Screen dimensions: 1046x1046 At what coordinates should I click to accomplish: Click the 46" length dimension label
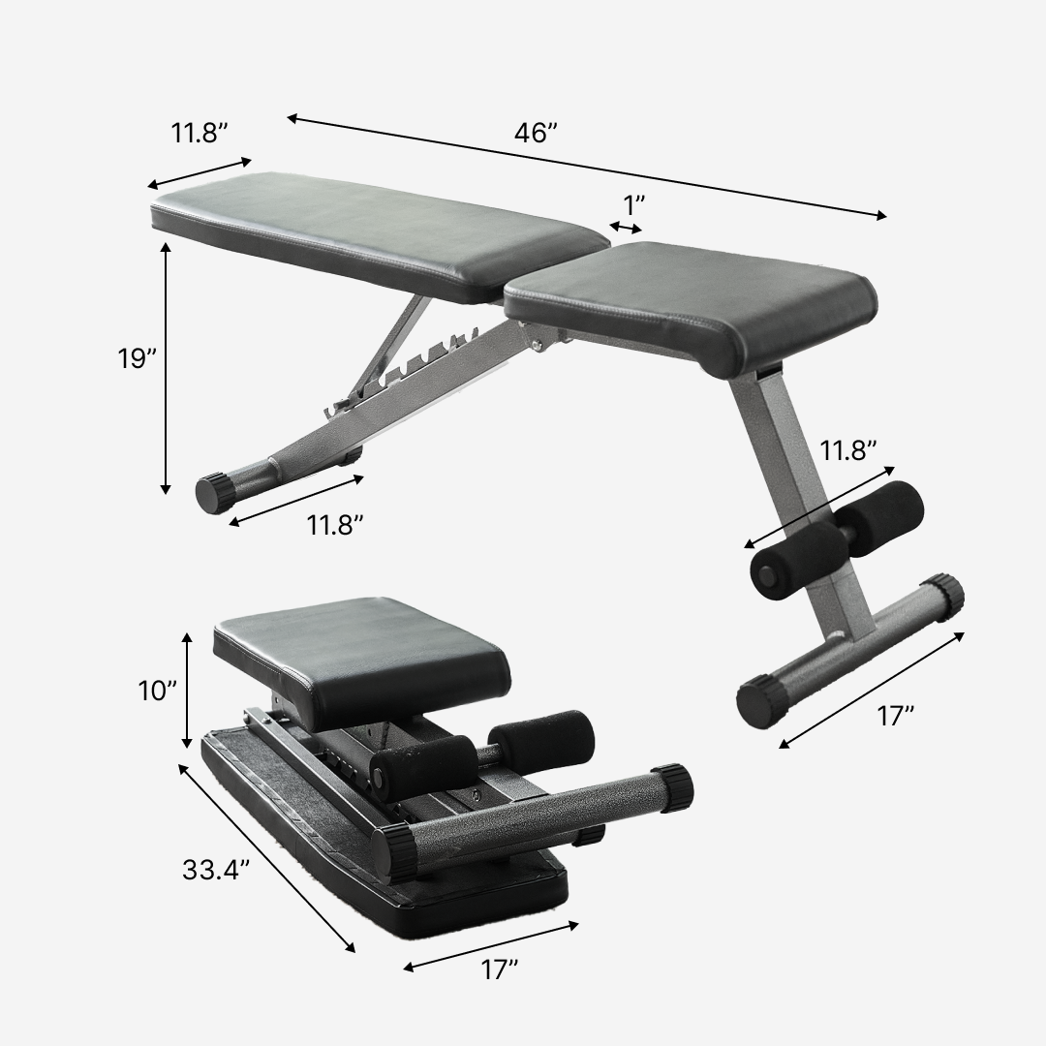536,135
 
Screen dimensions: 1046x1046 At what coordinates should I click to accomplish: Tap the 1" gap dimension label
634,205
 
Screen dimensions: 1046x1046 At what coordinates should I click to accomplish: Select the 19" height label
138,359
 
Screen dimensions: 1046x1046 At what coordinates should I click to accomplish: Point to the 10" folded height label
157,691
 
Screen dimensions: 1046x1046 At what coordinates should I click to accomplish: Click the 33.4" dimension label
216,869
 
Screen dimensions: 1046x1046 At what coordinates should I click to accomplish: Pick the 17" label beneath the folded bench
500,969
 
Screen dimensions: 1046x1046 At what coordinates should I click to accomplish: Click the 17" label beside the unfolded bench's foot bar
895,716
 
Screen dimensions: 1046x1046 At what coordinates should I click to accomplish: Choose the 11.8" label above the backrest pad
200,134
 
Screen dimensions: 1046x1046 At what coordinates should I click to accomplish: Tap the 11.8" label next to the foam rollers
848,450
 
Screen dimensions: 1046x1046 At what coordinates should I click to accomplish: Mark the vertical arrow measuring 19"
166,368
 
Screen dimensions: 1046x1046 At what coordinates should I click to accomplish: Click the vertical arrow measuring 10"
187,690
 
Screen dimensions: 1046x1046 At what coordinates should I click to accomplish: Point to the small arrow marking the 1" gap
626,228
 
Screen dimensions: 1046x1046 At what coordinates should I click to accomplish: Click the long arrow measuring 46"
586,167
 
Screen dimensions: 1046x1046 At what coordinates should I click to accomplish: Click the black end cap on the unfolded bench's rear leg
215,492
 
